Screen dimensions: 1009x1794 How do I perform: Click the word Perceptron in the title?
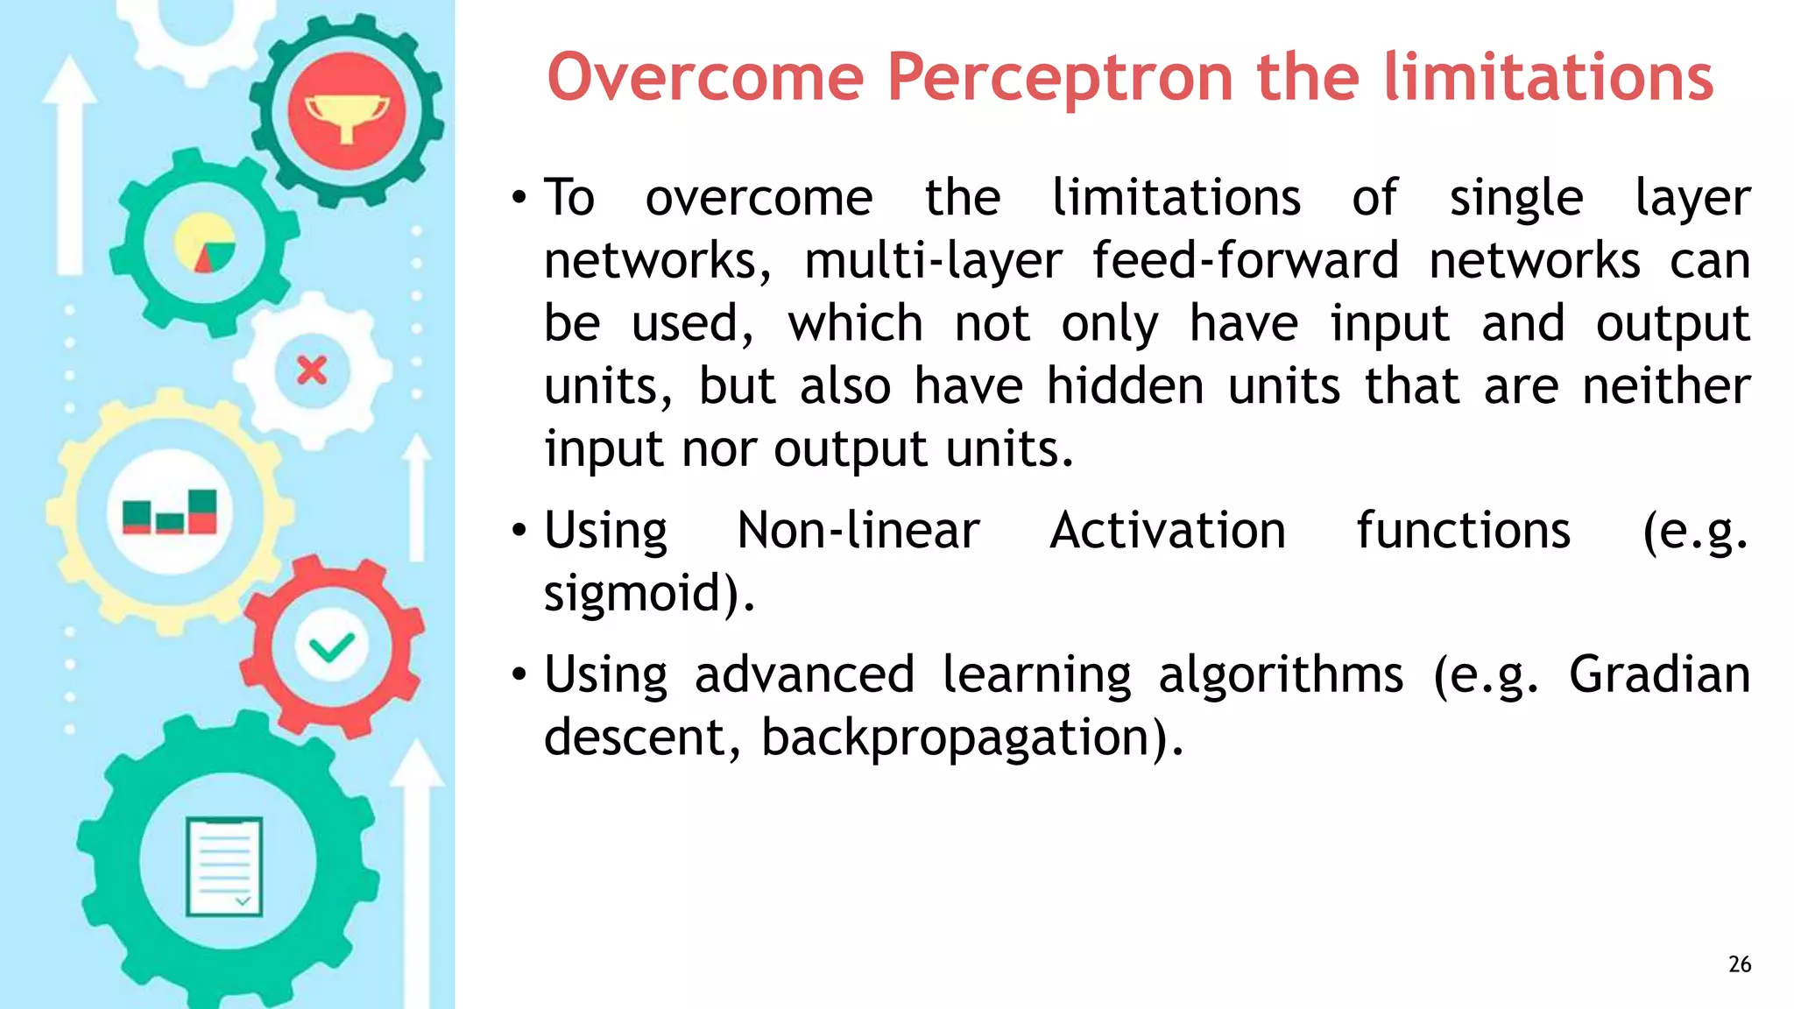(x=1062, y=79)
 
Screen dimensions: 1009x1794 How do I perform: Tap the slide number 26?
(x=1740, y=964)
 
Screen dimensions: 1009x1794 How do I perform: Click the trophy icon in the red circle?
(x=347, y=114)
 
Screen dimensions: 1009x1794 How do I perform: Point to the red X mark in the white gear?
(x=312, y=370)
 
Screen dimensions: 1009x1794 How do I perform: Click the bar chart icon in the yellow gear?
(x=170, y=512)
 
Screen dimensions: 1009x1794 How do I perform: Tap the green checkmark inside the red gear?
(x=332, y=648)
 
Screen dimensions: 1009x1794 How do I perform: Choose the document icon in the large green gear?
(x=224, y=865)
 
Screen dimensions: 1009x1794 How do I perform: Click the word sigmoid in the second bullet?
(x=644, y=594)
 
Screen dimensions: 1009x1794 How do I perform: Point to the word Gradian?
(x=1658, y=674)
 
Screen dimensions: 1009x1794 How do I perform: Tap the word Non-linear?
(x=858, y=531)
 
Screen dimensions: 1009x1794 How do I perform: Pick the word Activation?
(x=1168, y=531)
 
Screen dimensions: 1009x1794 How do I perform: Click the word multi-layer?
(x=933, y=261)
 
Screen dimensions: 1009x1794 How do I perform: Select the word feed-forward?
(x=1245, y=261)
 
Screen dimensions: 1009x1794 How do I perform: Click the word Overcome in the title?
(x=705, y=79)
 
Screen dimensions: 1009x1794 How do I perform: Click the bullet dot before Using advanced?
(x=519, y=675)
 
